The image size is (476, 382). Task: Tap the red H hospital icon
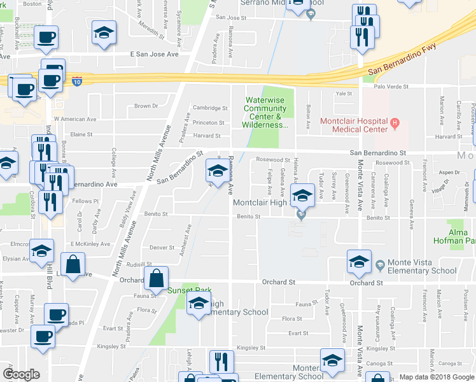[x=395, y=122]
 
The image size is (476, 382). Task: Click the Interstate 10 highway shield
[x=76, y=82]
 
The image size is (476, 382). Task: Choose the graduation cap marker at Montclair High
[x=303, y=195]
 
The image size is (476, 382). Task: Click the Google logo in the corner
[x=21, y=374]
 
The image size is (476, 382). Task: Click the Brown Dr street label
[x=146, y=106]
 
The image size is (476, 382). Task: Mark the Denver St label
[x=162, y=248]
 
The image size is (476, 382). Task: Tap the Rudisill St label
[x=139, y=264]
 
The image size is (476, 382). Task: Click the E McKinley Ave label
[x=87, y=244]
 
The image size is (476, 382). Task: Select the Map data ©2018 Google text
[x=437, y=377]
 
